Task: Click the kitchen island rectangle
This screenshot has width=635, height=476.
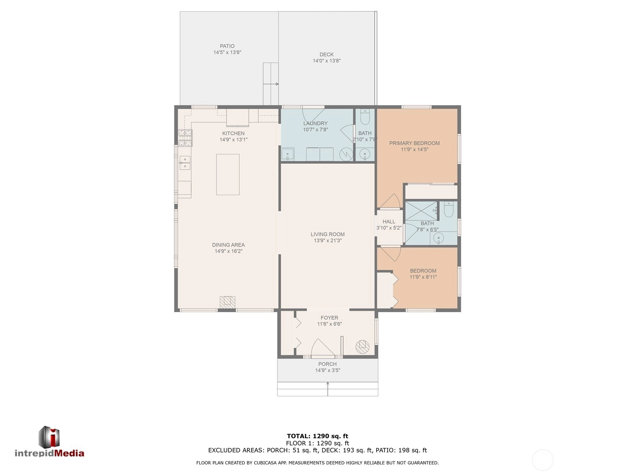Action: click(228, 174)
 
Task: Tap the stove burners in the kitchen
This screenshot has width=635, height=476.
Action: click(185, 138)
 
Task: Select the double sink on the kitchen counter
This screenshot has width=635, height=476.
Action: click(185, 163)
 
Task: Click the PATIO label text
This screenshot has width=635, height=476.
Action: click(227, 46)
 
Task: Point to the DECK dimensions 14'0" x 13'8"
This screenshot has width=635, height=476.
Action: click(327, 61)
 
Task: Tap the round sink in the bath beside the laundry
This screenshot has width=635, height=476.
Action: click(365, 153)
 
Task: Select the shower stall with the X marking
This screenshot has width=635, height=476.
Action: click(421, 211)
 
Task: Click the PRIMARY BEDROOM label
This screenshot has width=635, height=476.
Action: click(414, 143)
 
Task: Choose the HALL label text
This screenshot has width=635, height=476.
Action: click(389, 221)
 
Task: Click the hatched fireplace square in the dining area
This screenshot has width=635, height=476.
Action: click(227, 302)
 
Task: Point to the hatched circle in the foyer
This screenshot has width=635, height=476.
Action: click(362, 347)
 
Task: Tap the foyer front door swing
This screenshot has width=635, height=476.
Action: click(323, 348)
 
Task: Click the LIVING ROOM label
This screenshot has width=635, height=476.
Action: click(327, 234)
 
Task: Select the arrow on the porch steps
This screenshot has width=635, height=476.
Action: click(328, 389)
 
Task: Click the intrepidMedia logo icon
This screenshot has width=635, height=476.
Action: click(49, 436)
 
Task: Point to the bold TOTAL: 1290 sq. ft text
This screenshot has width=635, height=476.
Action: click(317, 436)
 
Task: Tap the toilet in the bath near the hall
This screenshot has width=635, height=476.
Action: click(448, 209)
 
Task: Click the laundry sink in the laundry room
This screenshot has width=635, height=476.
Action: click(288, 154)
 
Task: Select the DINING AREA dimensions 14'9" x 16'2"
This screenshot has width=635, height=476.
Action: click(228, 251)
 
